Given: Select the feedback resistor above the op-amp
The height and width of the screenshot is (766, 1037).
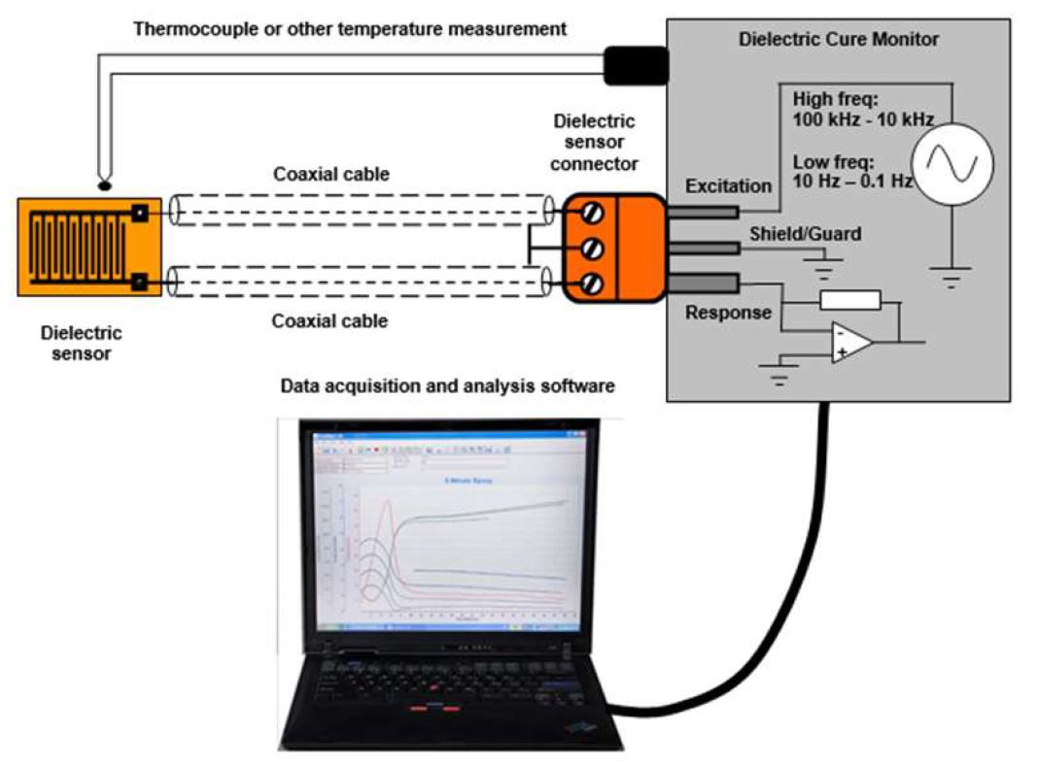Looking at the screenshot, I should (x=849, y=301).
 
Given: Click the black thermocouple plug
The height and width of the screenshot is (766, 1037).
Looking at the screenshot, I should (x=636, y=64).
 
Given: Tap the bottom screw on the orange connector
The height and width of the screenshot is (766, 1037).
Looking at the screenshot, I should (x=591, y=283).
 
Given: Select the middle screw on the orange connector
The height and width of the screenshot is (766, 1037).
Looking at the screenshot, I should (x=591, y=250).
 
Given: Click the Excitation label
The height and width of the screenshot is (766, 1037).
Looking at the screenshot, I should (x=728, y=185).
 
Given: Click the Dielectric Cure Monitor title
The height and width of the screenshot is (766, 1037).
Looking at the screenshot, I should (x=839, y=40).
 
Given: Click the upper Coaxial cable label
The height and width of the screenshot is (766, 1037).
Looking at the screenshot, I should (x=330, y=175).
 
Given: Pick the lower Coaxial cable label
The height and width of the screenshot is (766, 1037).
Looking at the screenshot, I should (x=329, y=320).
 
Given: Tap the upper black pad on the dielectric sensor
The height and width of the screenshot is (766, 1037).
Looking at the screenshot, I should (x=141, y=213).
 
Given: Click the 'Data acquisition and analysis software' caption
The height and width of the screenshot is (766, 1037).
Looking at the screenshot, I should (x=447, y=385).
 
